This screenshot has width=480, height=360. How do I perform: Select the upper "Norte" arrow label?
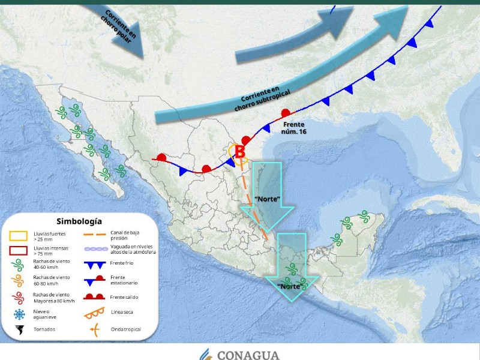[268, 199]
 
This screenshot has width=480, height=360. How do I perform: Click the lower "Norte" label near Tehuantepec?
[290, 287]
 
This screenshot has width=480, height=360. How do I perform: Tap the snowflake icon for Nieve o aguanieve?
[19, 314]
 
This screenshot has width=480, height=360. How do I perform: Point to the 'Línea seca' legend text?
[124, 312]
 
